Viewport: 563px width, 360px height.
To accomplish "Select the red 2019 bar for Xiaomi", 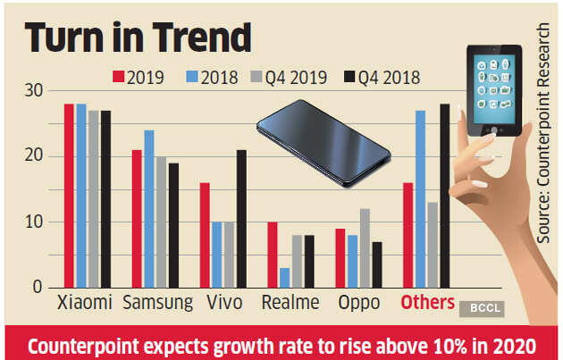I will point(69,196).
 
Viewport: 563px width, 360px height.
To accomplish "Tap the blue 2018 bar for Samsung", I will point(149,209).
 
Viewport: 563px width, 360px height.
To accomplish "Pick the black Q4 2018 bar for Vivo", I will point(242,219).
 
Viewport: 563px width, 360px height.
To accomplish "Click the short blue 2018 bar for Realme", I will point(283,277).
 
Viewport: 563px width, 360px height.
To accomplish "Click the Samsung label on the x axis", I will point(156,304).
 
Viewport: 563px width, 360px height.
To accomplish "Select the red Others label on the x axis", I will point(427,304).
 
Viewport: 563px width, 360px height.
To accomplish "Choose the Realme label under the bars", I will point(290,304).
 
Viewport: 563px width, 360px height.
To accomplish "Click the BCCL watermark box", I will point(482,308).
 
